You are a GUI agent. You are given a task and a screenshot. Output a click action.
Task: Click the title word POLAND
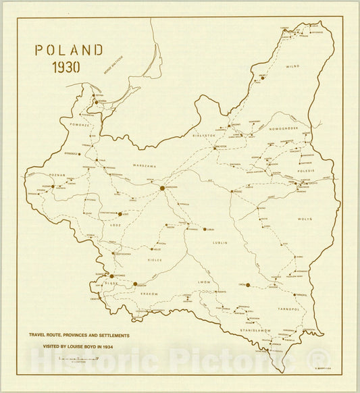[x=70, y=51]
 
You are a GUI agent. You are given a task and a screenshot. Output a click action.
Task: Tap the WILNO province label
[x=292, y=67]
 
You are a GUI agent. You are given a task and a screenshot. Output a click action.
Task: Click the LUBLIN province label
[x=220, y=242]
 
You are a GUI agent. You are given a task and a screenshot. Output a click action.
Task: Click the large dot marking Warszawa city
[x=163, y=188]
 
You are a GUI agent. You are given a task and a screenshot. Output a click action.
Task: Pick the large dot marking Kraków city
[x=135, y=284]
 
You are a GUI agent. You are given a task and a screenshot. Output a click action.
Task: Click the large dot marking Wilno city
[x=263, y=78]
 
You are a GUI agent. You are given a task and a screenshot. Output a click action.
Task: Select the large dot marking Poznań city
[x=53, y=186]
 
